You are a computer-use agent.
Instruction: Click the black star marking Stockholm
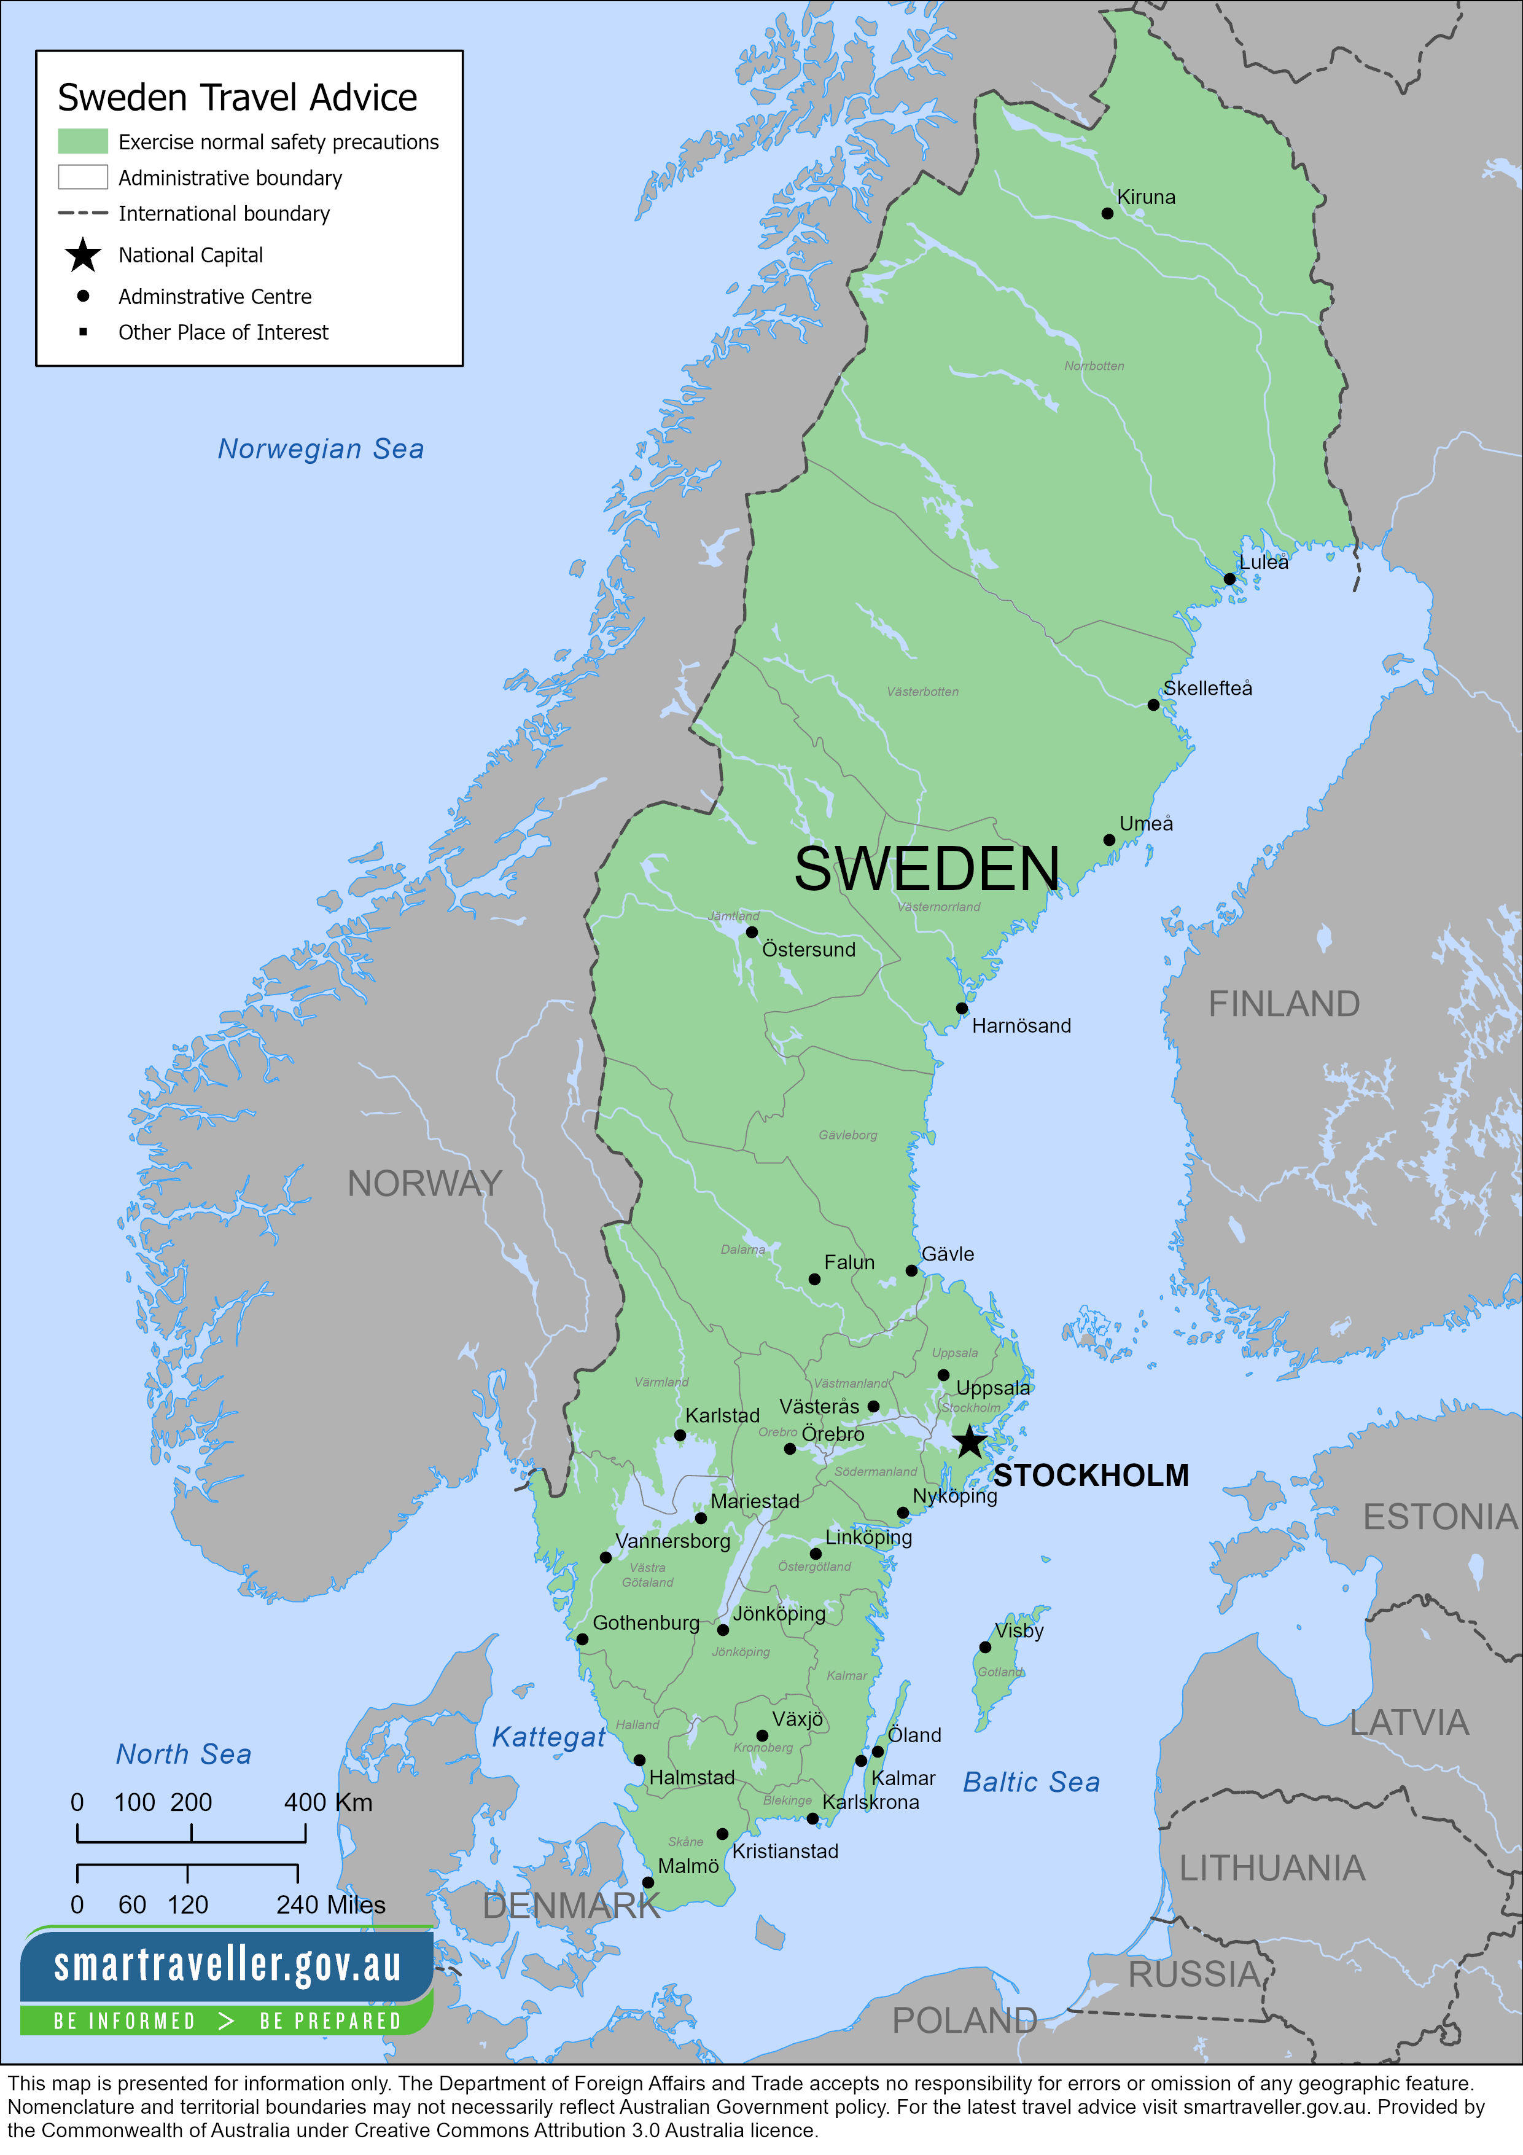(969, 1441)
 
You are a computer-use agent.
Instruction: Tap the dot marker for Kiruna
(1107, 213)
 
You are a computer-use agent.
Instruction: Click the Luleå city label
(1263, 561)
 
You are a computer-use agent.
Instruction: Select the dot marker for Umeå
(1109, 840)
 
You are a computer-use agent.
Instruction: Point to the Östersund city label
(808, 949)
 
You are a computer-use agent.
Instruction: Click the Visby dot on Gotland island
(984, 1647)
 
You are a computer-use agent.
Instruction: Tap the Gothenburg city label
(645, 1623)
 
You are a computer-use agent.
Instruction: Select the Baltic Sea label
(1030, 1781)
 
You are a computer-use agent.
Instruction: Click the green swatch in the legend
(82, 142)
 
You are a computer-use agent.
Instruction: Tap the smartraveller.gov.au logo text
(227, 1965)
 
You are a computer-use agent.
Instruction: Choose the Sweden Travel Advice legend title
(238, 98)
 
